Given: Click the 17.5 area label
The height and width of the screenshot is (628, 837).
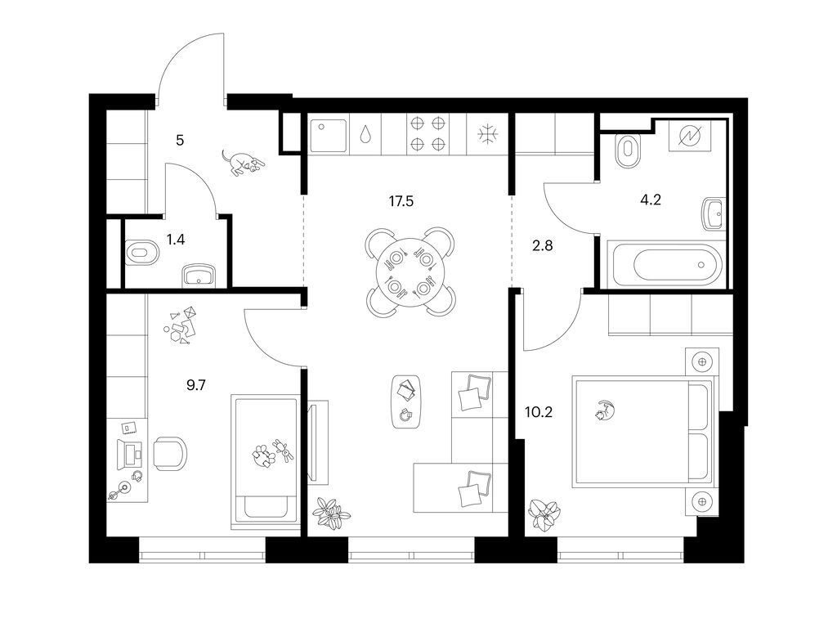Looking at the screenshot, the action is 401,201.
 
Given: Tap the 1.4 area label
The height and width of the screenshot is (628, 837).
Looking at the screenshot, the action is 176,240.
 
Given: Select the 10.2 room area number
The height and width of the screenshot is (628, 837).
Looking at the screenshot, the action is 539,412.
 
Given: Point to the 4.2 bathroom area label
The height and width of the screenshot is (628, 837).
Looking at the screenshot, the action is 651,200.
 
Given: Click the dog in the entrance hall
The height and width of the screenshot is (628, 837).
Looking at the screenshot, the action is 243,163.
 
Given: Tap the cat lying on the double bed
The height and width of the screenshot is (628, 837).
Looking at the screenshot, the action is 606,410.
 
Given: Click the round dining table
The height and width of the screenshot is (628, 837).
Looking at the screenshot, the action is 410,273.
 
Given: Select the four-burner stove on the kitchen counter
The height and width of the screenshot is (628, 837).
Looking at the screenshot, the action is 427,133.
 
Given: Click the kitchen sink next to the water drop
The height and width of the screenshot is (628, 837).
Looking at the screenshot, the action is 329,134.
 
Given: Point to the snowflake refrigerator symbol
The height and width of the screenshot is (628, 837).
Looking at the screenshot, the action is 487,134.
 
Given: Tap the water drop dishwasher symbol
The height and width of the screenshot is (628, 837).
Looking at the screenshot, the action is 365,134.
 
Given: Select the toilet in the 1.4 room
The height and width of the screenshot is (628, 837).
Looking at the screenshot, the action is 141,253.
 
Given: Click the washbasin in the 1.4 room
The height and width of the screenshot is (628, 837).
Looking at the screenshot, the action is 199,276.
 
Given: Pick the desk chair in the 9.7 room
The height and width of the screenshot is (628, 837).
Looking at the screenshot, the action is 170,453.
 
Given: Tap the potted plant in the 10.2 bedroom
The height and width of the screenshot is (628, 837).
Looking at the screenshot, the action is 544,515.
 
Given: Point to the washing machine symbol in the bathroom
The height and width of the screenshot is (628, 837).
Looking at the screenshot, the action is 689,137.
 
